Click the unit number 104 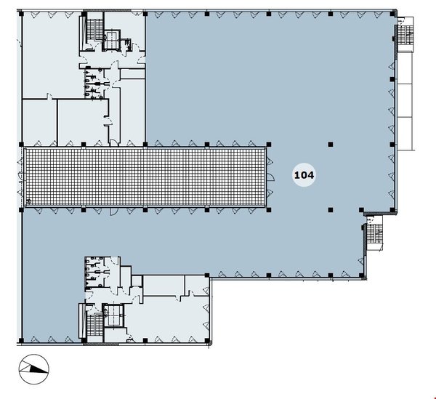(304, 175)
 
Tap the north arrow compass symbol (34, 369)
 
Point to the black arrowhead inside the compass (39, 369)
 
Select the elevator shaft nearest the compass (113, 315)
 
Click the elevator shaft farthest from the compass (111, 40)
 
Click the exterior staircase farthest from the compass (405, 34)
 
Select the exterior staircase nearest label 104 (374, 233)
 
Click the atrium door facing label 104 (270, 177)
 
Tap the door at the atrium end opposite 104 (21, 176)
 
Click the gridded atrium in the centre (145, 177)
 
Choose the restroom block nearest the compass (97, 274)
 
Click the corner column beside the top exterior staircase (392, 13)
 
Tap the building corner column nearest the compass (21, 340)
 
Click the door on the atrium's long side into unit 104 (113, 211)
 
